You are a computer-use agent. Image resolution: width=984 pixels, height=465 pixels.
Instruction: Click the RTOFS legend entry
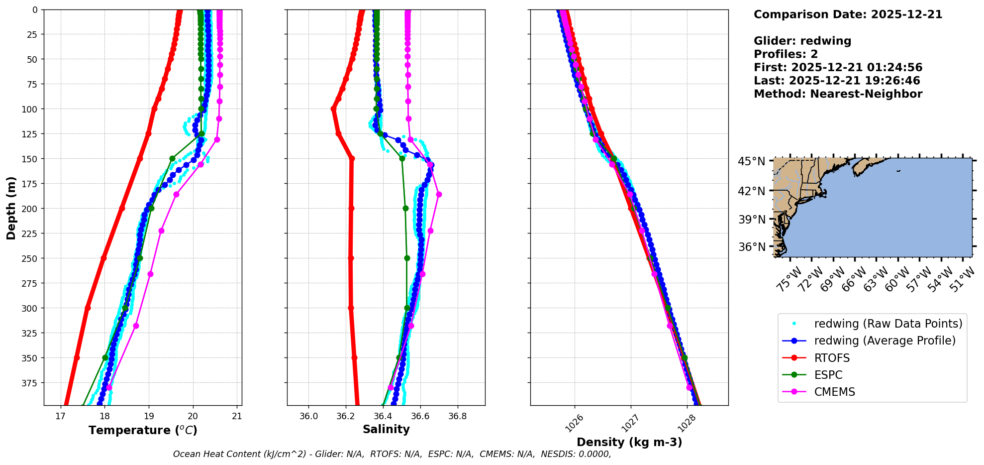tap(832, 358)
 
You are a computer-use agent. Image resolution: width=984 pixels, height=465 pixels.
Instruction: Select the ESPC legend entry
tap(828, 375)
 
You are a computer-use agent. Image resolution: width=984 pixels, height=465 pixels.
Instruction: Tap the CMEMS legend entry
tap(834, 392)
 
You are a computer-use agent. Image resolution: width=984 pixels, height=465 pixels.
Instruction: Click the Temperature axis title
tap(143, 430)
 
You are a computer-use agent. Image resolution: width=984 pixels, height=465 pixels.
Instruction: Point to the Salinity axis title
tap(386, 430)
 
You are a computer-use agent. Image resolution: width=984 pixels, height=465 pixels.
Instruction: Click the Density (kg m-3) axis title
tap(629, 442)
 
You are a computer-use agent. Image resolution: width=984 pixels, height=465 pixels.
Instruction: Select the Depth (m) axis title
tap(11, 208)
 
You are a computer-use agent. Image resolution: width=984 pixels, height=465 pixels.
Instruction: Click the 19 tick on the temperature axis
tap(149, 416)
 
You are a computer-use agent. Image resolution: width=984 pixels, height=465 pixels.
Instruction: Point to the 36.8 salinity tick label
tap(457, 416)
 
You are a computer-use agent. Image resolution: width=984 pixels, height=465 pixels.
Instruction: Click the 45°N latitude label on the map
tap(751, 161)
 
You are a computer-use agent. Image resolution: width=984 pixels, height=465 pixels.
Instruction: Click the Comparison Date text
tap(848, 14)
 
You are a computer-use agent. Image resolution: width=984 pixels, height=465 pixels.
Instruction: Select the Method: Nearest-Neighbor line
tap(838, 94)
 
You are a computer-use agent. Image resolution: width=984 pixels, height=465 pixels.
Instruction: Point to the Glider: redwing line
tap(802, 41)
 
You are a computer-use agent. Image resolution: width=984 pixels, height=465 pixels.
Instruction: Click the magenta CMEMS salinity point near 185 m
tap(439, 195)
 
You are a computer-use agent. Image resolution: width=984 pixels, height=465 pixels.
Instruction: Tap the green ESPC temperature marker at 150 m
tap(172, 159)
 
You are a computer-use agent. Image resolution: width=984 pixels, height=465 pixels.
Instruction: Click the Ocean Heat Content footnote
tap(392, 454)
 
